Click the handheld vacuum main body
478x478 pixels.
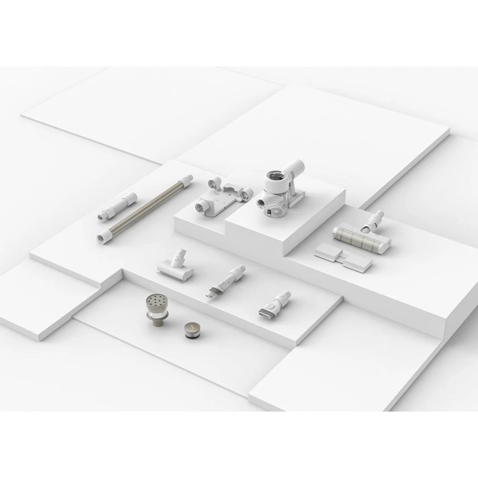[280, 191]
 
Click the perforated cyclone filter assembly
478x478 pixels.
[158, 311]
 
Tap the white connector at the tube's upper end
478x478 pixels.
[187, 180]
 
